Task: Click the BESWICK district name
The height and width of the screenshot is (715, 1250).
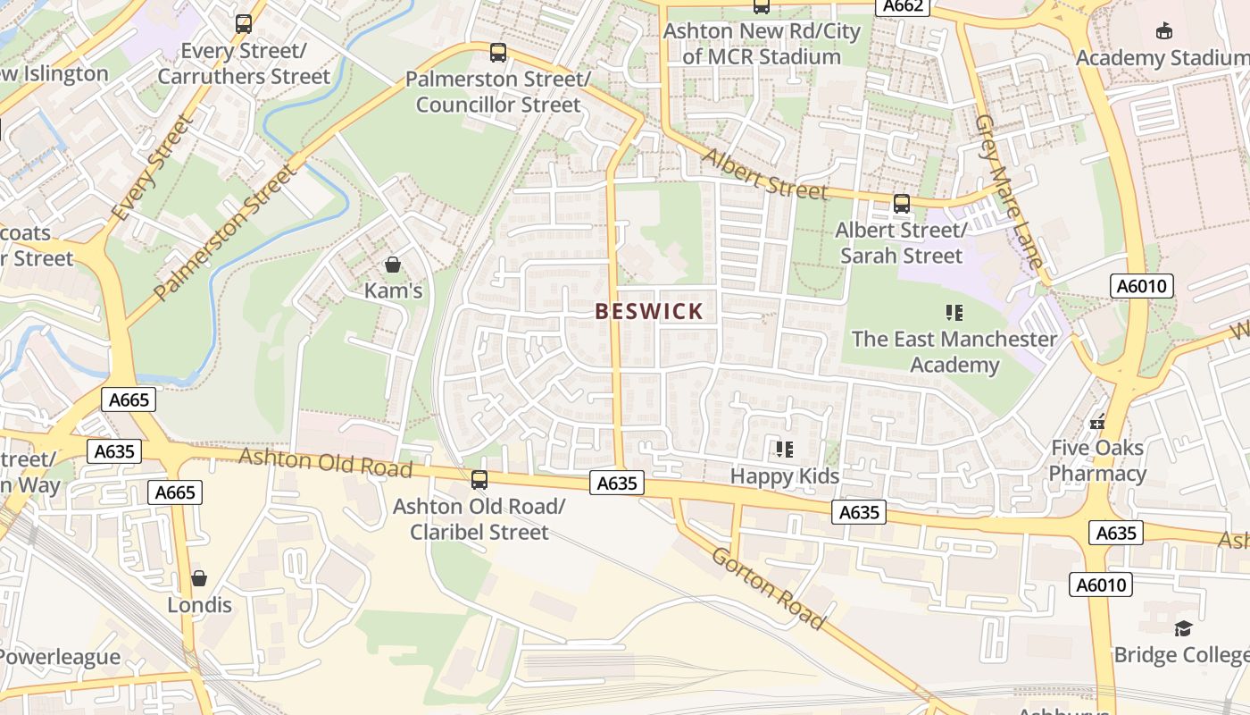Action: pyautogui.click(x=649, y=311)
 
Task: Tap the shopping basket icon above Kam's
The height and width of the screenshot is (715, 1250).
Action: pyautogui.click(x=392, y=265)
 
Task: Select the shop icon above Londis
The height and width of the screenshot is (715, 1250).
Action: pyautogui.click(x=199, y=578)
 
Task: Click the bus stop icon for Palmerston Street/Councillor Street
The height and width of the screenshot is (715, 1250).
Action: pyautogui.click(x=498, y=53)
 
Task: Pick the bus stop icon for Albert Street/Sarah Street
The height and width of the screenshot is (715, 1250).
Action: pyautogui.click(x=902, y=204)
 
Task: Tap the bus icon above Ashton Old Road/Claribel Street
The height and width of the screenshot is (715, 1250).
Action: pyautogui.click(x=479, y=480)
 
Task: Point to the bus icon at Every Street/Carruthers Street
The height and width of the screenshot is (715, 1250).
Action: pyautogui.click(x=244, y=24)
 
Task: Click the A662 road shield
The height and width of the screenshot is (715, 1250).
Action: pyautogui.click(x=903, y=6)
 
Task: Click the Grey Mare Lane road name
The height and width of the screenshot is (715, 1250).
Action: pyautogui.click(x=1009, y=191)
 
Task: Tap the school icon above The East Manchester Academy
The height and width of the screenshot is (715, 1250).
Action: pyautogui.click(x=954, y=313)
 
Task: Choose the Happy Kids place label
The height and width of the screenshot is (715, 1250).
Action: pyautogui.click(x=785, y=475)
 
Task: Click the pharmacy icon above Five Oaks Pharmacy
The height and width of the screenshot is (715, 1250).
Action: pyautogui.click(x=1097, y=421)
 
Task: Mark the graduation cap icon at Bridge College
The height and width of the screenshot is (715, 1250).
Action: pyautogui.click(x=1183, y=628)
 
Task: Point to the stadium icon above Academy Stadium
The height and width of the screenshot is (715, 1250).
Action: pyautogui.click(x=1164, y=31)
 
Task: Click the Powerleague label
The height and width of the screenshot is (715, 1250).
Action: pyautogui.click(x=59, y=657)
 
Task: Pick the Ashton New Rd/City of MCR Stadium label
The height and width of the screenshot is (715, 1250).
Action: pyautogui.click(x=761, y=44)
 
